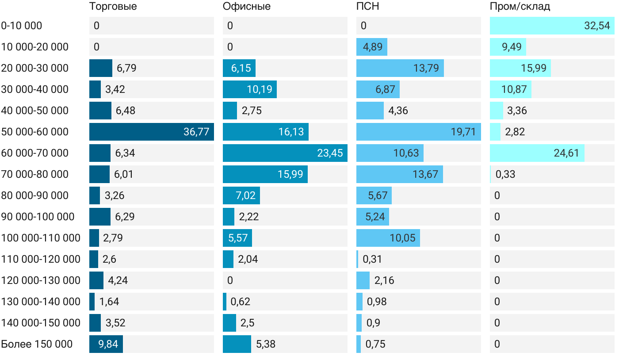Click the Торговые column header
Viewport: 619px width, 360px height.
click(x=113, y=7)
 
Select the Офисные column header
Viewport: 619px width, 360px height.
click(x=246, y=7)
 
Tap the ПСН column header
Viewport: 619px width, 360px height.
click(x=367, y=7)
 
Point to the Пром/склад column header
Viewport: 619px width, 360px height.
click(x=520, y=7)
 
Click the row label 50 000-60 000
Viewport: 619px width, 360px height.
click(x=35, y=132)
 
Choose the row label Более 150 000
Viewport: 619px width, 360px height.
click(x=37, y=344)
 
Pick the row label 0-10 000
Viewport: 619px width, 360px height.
click(x=22, y=26)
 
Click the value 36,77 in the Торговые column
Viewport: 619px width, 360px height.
click(x=196, y=132)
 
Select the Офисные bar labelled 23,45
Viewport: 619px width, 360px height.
click(x=285, y=153)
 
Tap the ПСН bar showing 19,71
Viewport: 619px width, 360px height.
click(x=418, y=132)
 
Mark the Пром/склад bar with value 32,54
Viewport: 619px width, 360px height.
click(x=552, y=26)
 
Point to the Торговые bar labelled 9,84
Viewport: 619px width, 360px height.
click(x=106, y=344)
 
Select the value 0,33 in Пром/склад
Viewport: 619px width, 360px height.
click(x=505, y=174)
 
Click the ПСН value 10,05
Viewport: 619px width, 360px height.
click(x=402, y=238)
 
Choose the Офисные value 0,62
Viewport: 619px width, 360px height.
click(x=240, y=302)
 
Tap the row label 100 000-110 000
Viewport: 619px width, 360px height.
click(x=41, y=238)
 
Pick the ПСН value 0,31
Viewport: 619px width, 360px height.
click(x=372, y=259)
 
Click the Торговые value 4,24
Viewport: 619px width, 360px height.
click(x=118, y=280)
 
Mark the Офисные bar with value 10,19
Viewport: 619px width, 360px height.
click(x=250, y=89)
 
